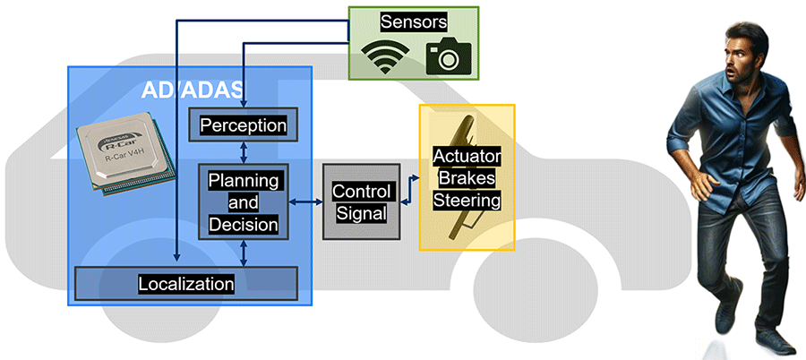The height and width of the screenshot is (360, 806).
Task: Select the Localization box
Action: coord(186,284)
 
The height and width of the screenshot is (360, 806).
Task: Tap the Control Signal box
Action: coord(360,202)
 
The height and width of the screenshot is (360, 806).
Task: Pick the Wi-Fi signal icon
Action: coord(384,58)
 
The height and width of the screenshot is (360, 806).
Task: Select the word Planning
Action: coord(244,180)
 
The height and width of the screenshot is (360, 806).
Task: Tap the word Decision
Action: coord(244,224)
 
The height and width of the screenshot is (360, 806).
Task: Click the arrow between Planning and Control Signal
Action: coord(306,202)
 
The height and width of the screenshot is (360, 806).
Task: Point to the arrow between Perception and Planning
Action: coord(244,151)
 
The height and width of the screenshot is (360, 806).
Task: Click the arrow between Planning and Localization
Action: coord(244,253)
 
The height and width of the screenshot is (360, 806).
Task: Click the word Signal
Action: coord(360,213)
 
